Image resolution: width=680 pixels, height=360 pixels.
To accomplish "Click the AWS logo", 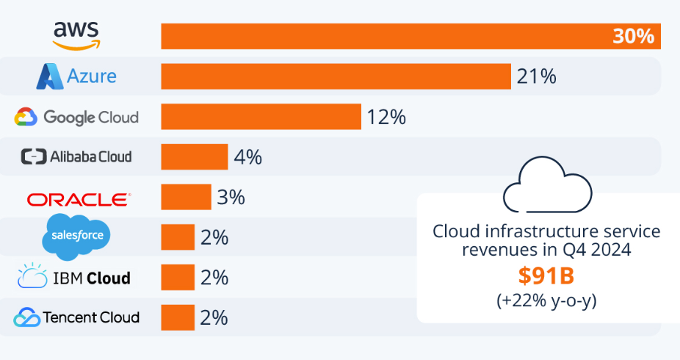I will (76, 35).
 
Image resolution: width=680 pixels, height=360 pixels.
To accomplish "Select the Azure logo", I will (76, 76).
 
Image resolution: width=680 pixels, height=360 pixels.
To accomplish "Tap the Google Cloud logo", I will (76, 117).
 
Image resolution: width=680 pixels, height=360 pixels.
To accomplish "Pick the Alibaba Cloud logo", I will (76, 156).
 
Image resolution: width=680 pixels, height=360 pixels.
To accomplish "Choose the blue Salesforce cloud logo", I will (76, 237).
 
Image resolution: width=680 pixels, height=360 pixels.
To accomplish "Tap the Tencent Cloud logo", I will (76, 317).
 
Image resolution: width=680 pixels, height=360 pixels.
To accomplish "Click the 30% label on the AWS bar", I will (633, 37).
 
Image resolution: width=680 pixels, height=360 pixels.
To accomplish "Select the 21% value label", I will (536, 76).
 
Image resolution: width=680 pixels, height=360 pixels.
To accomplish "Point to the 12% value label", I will (386, 117).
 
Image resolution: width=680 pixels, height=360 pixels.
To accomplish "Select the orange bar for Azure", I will (336, 76).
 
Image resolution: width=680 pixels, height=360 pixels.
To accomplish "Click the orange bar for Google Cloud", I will (261, 117).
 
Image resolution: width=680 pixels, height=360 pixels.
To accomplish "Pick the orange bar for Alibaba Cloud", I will (195, 157).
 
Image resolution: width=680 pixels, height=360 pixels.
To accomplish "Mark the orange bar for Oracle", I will (186, 198).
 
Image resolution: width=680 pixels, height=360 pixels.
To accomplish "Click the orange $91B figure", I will (546, 276).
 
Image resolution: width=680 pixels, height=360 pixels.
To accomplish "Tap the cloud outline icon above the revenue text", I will (546, 187).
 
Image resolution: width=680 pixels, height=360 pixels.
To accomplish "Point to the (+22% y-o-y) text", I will (546, 301).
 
